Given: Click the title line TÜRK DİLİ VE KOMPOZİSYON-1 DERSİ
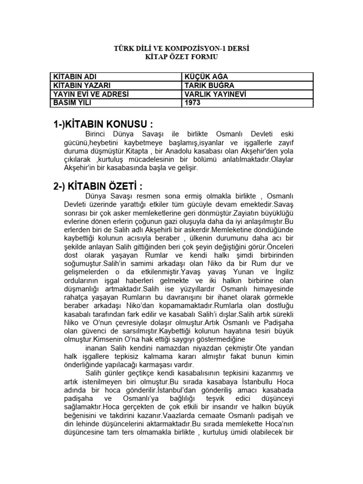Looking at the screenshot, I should click(181, 49).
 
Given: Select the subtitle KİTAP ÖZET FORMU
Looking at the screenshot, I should click(181, 57).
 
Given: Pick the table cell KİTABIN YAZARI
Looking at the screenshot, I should click(81, 85).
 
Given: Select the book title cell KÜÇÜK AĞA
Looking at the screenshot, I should click(203, 77).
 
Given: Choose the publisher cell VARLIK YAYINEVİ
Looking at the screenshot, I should click(215, 94).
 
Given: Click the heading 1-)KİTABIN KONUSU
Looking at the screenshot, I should click(103, 124).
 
